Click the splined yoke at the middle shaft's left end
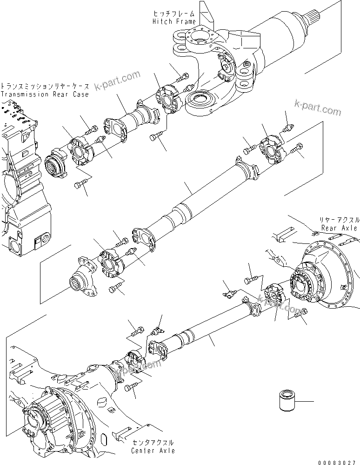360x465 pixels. [x=84, y=282]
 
